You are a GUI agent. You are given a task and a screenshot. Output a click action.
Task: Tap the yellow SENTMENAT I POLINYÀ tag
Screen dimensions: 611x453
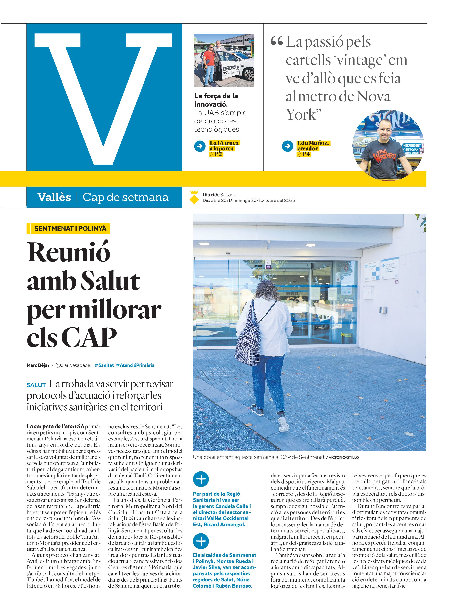(68, 228)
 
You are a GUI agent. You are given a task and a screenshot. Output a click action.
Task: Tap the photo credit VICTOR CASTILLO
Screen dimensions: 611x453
(344, 457)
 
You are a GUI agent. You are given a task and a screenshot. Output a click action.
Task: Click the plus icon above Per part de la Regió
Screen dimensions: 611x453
(201, 479)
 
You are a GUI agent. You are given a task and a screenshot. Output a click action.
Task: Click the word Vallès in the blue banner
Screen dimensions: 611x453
(54, 197)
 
